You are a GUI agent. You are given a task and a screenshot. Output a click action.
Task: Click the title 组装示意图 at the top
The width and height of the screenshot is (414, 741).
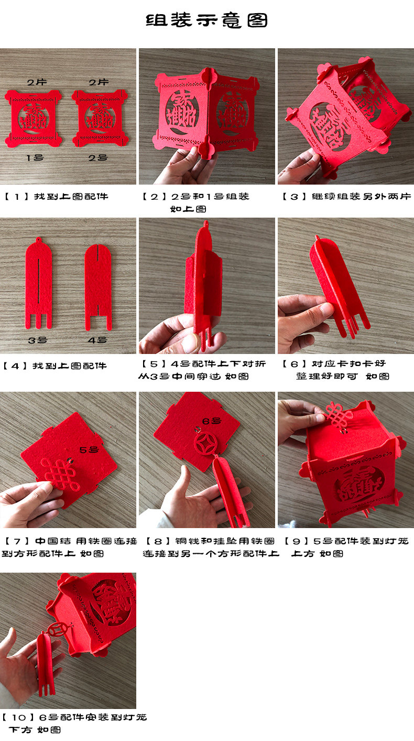tap(206, 20)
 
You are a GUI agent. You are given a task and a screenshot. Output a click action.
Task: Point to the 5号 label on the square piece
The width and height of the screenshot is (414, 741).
tap(89, 449)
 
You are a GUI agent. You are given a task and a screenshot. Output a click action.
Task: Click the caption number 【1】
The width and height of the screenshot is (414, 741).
tap(18, 197)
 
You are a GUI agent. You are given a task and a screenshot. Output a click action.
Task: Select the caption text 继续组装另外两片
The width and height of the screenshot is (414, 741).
tap(361, 197)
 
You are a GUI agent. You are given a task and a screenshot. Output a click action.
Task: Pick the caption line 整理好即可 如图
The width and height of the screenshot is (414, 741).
tap(343, 376)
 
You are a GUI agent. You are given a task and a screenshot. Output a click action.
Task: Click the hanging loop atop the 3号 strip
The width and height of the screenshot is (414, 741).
tap(39, 241)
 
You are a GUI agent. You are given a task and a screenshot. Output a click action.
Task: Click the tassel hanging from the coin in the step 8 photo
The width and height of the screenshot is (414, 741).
tap(231, 490)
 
